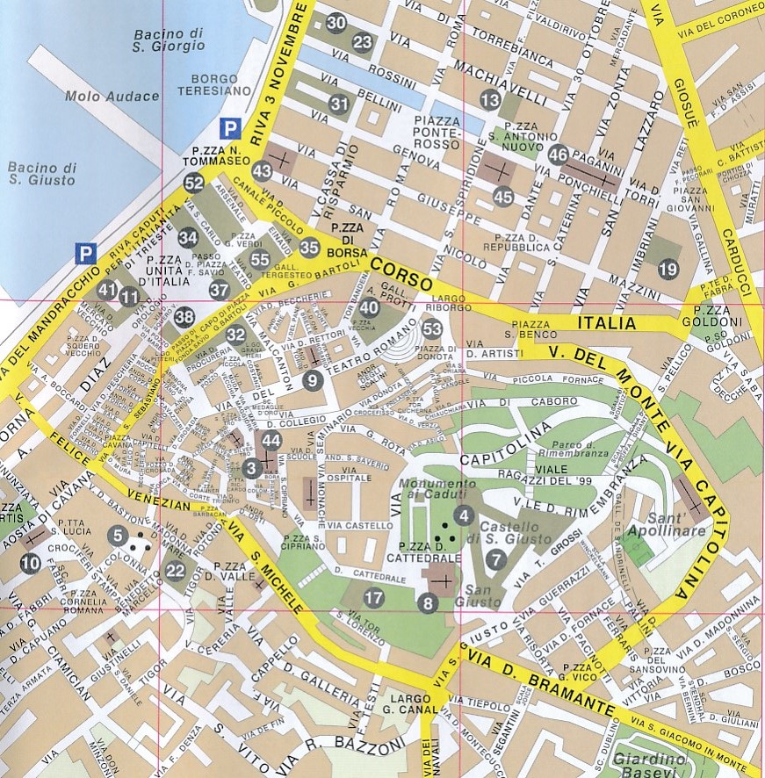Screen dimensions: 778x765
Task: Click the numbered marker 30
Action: (x=336, y=24)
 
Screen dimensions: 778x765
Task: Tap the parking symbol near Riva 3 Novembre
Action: (x=229, y=129)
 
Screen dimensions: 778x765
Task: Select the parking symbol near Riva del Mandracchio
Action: (x=85, y=254)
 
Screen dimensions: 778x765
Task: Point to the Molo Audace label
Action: (x=99, y=96)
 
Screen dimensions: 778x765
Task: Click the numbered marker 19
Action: (x=668, y=269)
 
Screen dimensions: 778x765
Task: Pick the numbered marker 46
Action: (x=558, y=155)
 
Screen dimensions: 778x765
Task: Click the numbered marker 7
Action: (x=496, y=559)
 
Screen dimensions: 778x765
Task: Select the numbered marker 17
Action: (x=374, y=599)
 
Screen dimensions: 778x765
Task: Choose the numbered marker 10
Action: (x=31, y=563)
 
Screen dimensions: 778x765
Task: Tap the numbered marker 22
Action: (x=174, y=572)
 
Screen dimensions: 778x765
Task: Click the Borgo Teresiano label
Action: (x=207, y=83)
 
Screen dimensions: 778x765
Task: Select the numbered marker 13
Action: (x=489, y=101)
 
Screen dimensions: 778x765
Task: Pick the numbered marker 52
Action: (x=194, y=183)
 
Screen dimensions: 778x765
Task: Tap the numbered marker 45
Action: (x=502, y=197)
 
